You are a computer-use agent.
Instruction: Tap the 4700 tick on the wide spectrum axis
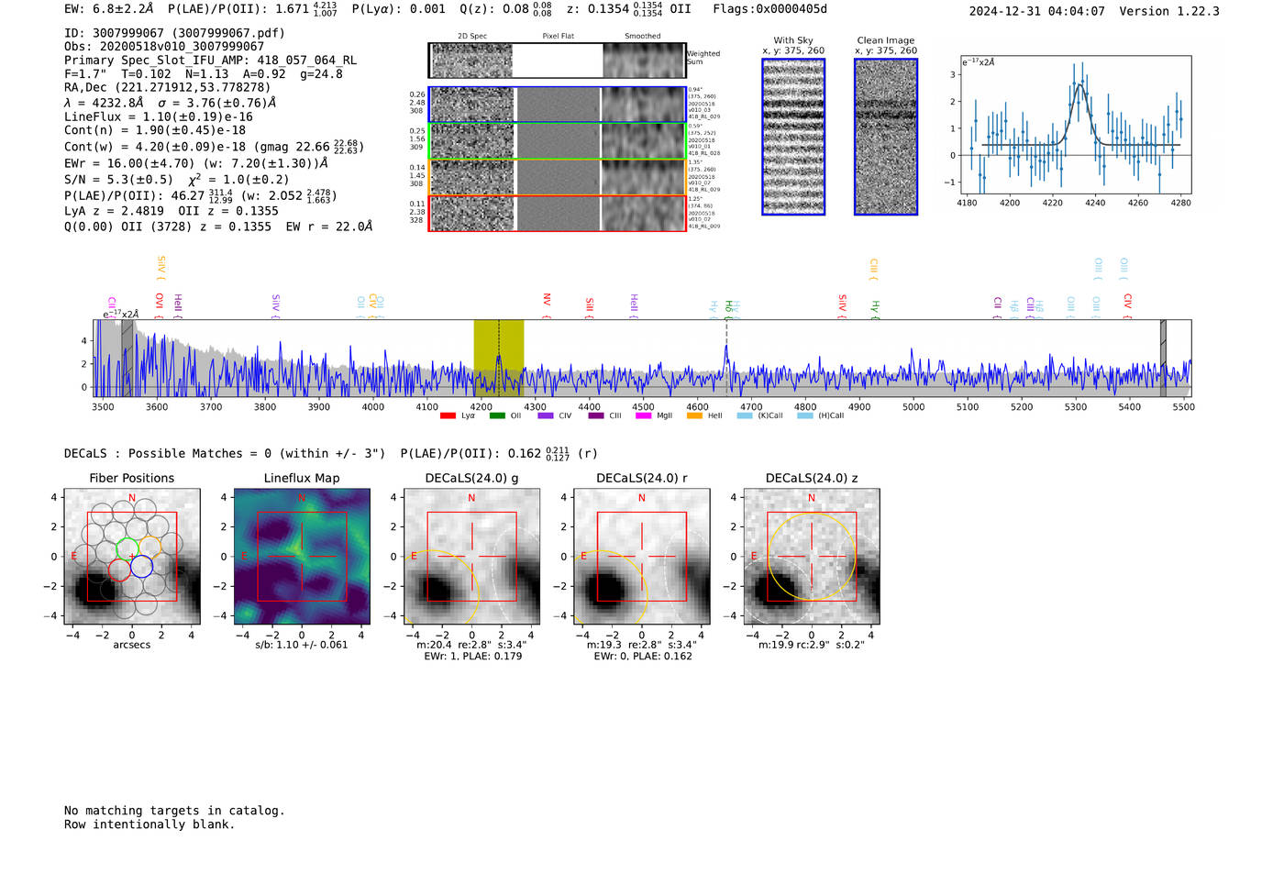point(751,407)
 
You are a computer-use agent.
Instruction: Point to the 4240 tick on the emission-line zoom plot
point(1095,203)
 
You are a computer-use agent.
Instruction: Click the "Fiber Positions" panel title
point(131,478)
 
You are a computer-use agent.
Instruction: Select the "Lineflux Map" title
point(302,478)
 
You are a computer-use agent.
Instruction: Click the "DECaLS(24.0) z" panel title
point(812,478)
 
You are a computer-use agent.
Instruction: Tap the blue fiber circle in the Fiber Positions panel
point(141,567)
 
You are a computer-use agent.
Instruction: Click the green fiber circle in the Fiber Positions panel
point(127,549)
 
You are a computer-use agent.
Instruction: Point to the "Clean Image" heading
point(885,40)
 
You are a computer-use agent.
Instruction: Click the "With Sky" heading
point(793,40)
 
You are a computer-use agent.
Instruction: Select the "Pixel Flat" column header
point(558,37)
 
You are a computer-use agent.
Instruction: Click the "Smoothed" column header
point(642,37)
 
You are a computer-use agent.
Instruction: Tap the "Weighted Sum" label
point(703,58)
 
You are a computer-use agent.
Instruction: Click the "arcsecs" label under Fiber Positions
point(131,645)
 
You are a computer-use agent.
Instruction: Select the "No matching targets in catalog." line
point(174,811)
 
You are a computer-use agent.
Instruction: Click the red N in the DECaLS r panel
point(642,498)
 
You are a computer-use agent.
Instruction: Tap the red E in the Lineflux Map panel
point(244,557)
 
